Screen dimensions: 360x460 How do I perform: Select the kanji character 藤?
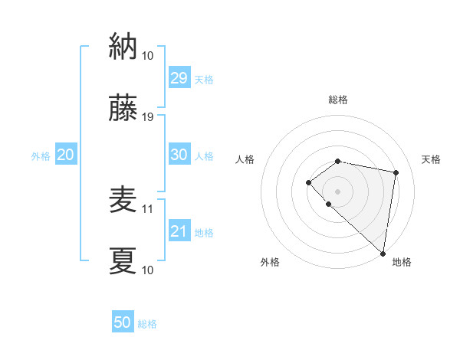123,109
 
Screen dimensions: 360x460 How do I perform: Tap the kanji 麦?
123,199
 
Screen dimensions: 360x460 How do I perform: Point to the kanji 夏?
123,260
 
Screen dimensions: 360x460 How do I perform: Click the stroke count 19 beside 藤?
148,117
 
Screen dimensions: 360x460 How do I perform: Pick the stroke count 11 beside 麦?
148,208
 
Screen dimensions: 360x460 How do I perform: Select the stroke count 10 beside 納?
148,55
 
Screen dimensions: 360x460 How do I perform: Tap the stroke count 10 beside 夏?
148,270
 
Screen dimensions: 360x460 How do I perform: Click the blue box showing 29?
179,78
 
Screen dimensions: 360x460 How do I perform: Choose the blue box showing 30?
179,155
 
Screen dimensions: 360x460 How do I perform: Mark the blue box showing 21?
179,231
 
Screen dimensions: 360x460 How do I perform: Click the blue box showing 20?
65,155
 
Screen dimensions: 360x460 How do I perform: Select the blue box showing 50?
123,322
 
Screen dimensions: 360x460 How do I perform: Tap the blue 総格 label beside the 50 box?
147,324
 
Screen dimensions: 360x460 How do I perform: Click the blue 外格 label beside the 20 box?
41,156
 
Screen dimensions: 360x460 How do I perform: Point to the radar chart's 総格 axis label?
338,100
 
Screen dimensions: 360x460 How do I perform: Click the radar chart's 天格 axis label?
432,159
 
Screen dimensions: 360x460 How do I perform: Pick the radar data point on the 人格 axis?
308,182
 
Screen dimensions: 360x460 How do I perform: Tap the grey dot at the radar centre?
338,191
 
